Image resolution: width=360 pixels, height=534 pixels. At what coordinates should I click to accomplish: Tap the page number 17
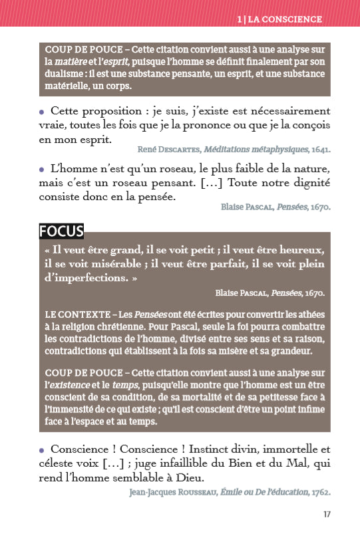coord(327,514)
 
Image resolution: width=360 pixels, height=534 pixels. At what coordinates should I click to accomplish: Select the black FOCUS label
coord(61,231)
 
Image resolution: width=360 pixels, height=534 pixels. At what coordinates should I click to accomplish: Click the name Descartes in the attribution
coord(179,150)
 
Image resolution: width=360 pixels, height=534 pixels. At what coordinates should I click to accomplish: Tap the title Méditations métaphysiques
coord(254,150)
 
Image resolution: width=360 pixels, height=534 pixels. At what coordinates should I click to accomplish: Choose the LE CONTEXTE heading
coord(77,314)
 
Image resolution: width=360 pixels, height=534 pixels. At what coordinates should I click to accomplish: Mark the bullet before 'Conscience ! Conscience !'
coord(42,450)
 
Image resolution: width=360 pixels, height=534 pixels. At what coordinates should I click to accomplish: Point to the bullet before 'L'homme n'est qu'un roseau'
coord(42,170)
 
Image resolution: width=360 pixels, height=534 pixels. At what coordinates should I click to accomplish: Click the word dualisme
coord(65,74)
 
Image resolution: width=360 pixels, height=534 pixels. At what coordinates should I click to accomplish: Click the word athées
coord(309,314)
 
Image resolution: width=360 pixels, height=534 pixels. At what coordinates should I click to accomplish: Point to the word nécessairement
coord(286,111)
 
